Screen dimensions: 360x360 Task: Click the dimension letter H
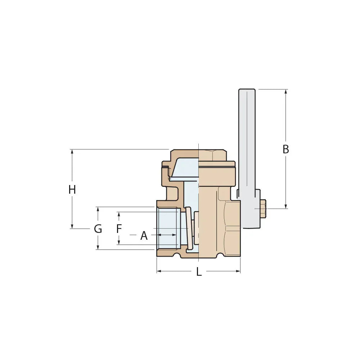pos(72,189)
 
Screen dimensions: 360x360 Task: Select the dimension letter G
pos(98,229)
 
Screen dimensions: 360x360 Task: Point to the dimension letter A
pos(144,236)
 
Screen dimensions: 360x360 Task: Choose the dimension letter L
pos(199,272)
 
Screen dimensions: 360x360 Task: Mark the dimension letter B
pos(286,149)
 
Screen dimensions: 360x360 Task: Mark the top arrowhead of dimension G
pos(98,209)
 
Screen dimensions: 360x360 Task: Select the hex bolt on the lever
pos(262,208)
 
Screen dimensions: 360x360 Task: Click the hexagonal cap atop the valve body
pos(212,156)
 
